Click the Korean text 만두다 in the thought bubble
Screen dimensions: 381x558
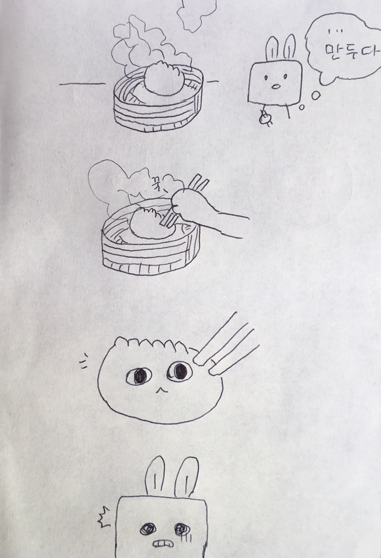[351, 52]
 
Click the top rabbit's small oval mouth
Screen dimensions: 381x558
[276, 86]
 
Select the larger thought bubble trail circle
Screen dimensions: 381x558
[316, 95]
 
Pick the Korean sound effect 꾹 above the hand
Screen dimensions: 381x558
[157, 183]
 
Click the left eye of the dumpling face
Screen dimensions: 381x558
[139, 376]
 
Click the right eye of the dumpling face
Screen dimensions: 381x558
[180, 371]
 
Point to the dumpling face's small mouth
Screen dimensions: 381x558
[161, 390]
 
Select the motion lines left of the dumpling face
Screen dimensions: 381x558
[83, 361]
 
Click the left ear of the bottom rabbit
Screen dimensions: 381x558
[155, 476]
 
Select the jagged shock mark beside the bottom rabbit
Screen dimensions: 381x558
[104, 517]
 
